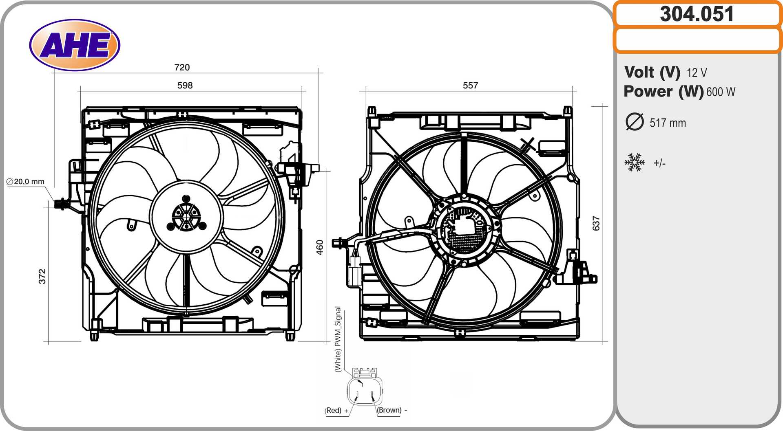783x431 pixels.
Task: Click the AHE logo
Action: click(x=75, y=45)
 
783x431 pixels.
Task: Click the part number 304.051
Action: click(x=697, y=14)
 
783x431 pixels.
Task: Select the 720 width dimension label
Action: click(x=182, y=67)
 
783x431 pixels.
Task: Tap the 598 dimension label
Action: click(x=185, y=86)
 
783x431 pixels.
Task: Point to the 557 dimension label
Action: click(x=470, y=86)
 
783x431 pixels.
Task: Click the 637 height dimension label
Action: click(x=596, y=223)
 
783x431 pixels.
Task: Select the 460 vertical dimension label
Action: click(x=320, y=247)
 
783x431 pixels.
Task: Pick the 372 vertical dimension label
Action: click(x=42, y=276)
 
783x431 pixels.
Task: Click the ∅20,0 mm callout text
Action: click(x=25, y=182)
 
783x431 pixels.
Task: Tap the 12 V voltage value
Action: click(x=697, y=73)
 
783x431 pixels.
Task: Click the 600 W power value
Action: click(x=721, y=92)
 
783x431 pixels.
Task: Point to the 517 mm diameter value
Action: click(x=668, y=123)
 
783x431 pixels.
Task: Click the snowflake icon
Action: click(x=634, y=163)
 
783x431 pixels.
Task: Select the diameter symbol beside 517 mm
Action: click(x=634, y=122)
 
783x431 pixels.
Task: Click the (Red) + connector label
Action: click(x=336, y=410)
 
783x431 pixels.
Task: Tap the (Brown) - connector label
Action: click(x=392, y=410)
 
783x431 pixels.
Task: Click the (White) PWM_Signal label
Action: click(x=338, y=339)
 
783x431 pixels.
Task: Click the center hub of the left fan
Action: click(x=186, y=216)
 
